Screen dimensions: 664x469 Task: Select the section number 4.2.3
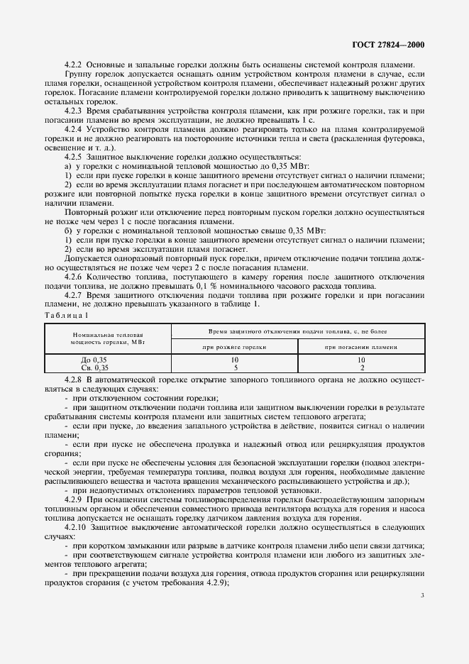coord(75,111)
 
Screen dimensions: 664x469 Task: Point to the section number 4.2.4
coord(75,130)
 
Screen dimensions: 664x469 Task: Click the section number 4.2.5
coord(75,157)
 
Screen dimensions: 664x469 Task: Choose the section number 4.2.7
coord(75,295)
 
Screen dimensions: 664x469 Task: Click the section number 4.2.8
coord(75,381)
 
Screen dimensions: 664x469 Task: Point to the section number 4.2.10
coord(76,528)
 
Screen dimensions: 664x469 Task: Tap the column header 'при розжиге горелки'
coord(234,347)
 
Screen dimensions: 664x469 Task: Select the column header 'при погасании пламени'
coord(361,347)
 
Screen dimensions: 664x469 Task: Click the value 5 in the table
coord(235,368)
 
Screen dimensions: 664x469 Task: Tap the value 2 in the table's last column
coord(361,368)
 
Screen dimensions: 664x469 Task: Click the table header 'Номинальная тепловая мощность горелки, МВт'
coord(107,337)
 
